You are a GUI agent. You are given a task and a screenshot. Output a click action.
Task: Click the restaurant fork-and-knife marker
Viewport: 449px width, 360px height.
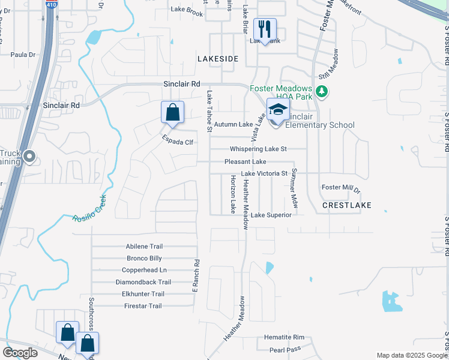click(x=265, y=29)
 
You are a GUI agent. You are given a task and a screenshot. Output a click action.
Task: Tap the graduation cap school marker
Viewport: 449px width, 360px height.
click(x=278, y=109)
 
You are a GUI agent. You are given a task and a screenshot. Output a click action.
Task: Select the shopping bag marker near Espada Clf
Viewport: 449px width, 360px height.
click(x=172, y=112)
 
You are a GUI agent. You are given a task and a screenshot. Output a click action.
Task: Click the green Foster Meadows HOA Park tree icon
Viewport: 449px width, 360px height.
click(x=322, y=91)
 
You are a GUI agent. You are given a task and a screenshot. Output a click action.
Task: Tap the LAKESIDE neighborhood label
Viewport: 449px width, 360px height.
click(x=218, y=59)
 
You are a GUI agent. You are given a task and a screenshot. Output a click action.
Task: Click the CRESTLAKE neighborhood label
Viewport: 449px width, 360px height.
click(x=346, y=205)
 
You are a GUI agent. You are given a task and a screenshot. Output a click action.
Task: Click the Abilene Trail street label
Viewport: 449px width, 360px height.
click(x=144, y=247)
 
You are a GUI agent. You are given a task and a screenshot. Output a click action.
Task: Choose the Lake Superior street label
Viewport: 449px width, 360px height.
click(x=271, y=215)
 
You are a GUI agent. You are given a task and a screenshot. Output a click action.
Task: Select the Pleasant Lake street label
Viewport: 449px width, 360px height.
click(x=245, y=162)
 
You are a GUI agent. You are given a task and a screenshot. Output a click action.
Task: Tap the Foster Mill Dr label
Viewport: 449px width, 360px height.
click(x=340, y=188)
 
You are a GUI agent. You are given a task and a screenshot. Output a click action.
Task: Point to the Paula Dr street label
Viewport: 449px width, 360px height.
click(x=23, y=55)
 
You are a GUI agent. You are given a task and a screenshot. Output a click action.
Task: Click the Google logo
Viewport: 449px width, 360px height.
click(x=20, y=353)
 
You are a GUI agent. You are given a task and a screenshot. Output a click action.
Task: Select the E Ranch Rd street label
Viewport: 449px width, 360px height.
click(x=195, y=276)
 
